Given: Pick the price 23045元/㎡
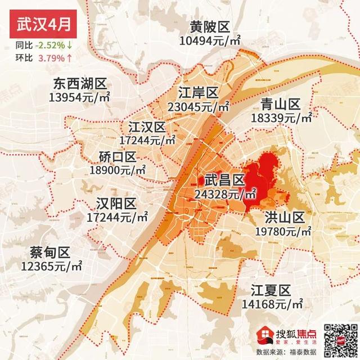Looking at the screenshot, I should pyautogui.click(x=199, y=106).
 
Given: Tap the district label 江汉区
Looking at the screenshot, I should pyautogui.click(x=147, y=126).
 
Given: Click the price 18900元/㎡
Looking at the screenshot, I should pyautogui.click(x=118, y=169).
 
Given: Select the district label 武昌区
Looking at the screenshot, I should pyautogui.click(x=224, y=180).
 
